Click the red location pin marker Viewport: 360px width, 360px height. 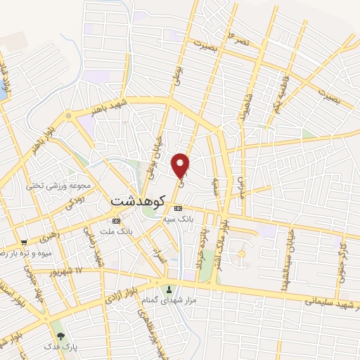tap(181, 165)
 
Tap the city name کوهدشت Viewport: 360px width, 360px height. tap(137, 200)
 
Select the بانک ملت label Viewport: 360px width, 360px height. tap(116, 231)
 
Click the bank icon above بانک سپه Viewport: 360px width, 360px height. tap(178, 208)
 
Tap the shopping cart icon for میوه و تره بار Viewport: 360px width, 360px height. tap(24, 241)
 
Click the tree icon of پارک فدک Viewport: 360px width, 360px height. tap(60, 336)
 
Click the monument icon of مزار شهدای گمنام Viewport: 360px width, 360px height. tap(169, 290)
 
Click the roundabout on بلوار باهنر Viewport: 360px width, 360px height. tap(68, 115)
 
